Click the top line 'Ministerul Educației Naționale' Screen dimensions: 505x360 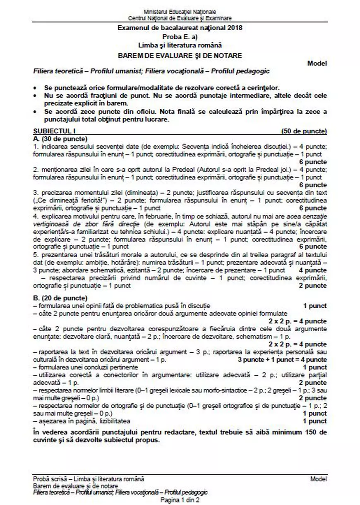pyautogui.click(x=180, y=12)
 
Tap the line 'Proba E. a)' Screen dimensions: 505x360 pyautogui.click(x=180, y=36)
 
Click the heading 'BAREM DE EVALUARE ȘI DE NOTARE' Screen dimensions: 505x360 pyautogui.click(x=180, y=55)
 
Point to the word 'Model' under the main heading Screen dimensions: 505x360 pyautogui.click(x=317, y=63)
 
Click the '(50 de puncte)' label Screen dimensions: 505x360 pyautogui.click(x=304, y=132)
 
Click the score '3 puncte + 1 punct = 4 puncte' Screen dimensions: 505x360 pyautogui.click(x=282, y=359)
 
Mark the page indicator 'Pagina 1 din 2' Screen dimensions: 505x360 pyautogui.click(x=180, y=500)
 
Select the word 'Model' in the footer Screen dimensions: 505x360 pyautogui.click(x=318, y=479)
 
